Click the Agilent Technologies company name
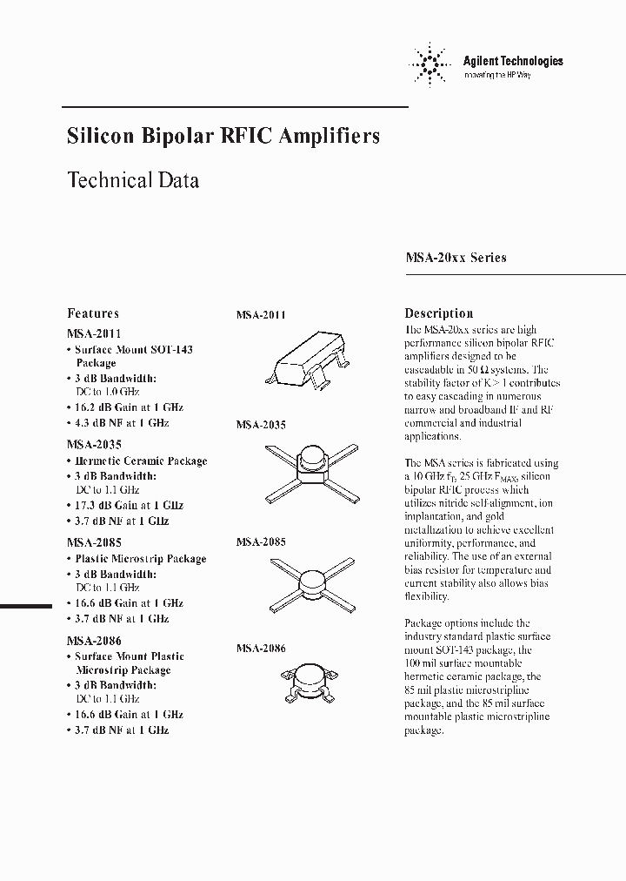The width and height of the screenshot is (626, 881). tap(512, 61)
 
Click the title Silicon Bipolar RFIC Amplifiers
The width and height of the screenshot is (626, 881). tap(223, 137)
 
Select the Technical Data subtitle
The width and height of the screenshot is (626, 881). tap(133, 180)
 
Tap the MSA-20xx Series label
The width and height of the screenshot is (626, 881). tap(456, 258)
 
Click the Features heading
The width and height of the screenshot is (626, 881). tap(93, 313)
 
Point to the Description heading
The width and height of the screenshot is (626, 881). tap(438, 313)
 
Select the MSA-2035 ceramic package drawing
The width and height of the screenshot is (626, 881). tap(310, 467)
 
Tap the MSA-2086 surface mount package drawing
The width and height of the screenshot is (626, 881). tap(310, 682)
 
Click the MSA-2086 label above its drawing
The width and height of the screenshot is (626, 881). tap(261, 649)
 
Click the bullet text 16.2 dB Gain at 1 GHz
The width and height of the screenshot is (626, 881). tap(128, 407)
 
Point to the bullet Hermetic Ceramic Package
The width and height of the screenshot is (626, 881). tap(140, 461)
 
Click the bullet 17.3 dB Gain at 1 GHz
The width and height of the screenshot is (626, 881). tap(128, 505)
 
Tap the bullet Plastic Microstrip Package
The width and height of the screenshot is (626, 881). tap(140, 559)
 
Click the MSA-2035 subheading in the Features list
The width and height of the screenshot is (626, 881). tap(94, 444)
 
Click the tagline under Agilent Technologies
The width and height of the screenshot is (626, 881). tap(497, 76)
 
